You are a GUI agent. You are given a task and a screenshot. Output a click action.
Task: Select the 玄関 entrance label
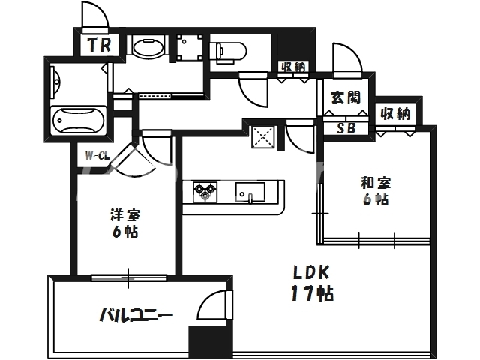click(345, 97)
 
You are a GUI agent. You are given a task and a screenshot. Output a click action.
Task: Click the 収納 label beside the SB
click(395, 114)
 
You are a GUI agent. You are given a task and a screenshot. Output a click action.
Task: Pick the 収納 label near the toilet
click(293, 67)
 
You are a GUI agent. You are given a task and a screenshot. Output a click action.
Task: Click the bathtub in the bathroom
click(78, 121)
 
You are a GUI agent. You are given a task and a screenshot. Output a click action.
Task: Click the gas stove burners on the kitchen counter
click(204, 193)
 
